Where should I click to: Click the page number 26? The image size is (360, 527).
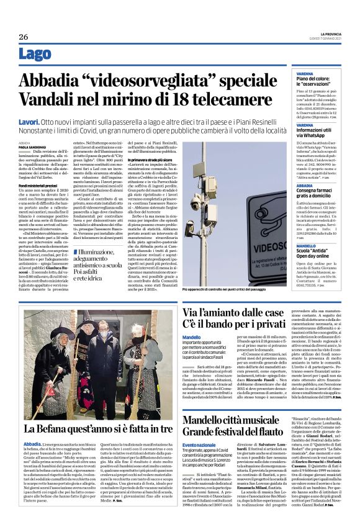[23, 37]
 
